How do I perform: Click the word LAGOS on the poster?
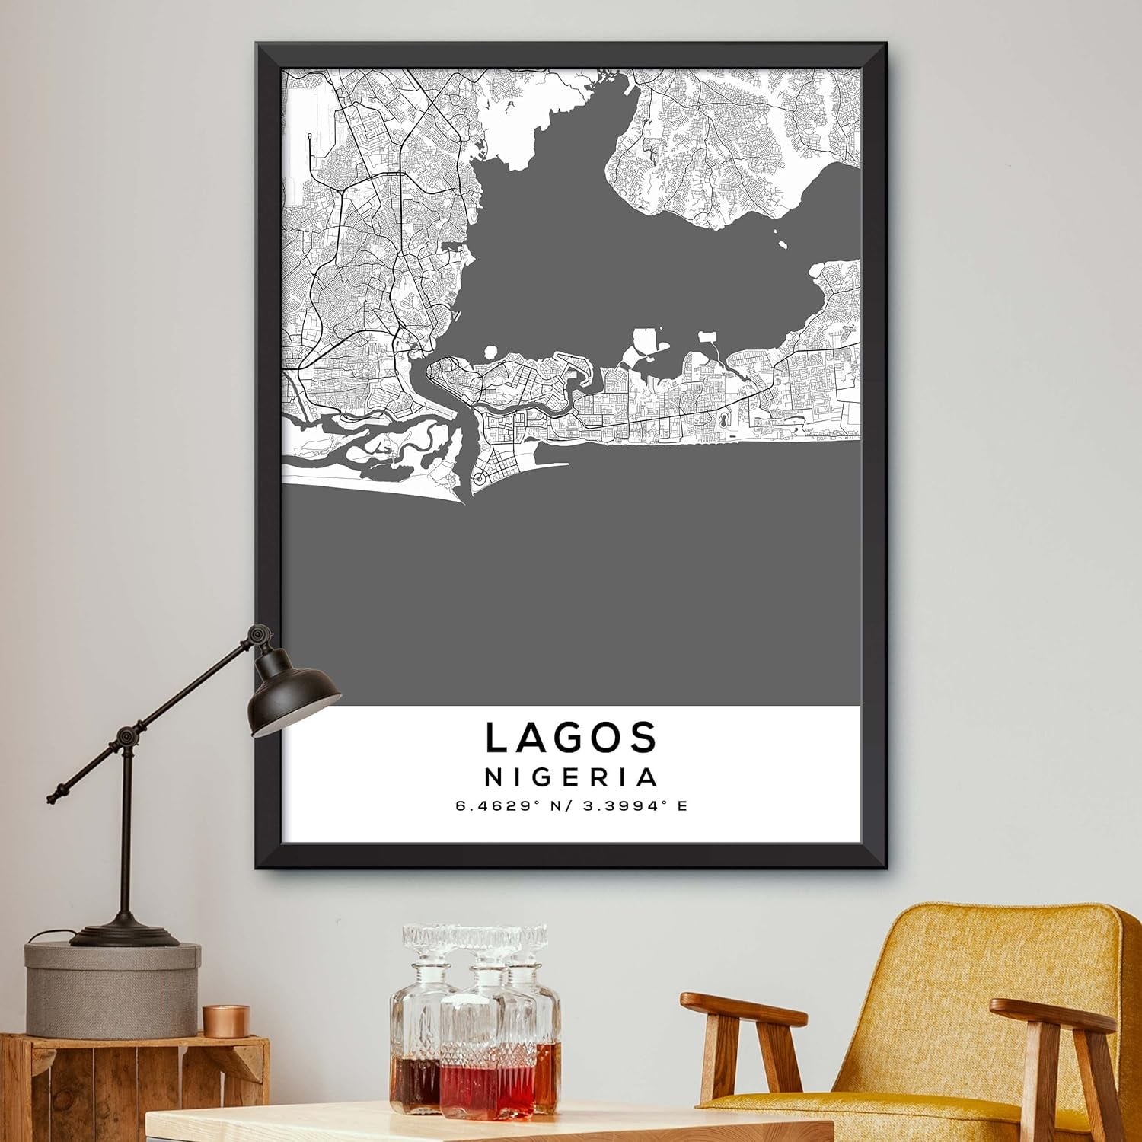[x=571, y=737]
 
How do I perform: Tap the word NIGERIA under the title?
[x=571, y=777]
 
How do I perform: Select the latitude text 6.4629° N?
[x=503, y=805]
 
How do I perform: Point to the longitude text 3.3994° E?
[x=632, y=805]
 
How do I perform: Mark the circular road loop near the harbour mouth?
[x=479, y=478]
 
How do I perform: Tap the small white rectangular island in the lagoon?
[x=708, y=335]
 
